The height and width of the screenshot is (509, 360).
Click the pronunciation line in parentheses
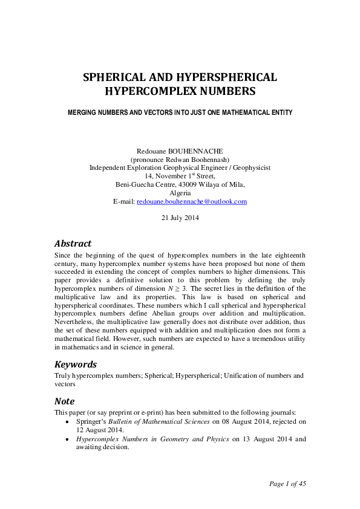click(x=180, y=158)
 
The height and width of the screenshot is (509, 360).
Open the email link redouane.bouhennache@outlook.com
click(x=192, y=201)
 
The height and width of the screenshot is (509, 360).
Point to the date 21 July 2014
click(x=180, y=218)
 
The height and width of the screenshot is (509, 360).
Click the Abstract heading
click(x=73, y=244)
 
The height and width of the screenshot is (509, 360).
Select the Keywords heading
click(x=76, y=365)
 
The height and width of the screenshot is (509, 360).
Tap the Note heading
click(x=65, y=401)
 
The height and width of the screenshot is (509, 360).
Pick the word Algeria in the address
click(x=180, y=193)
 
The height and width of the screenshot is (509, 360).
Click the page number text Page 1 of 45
click(x=290, y=484)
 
